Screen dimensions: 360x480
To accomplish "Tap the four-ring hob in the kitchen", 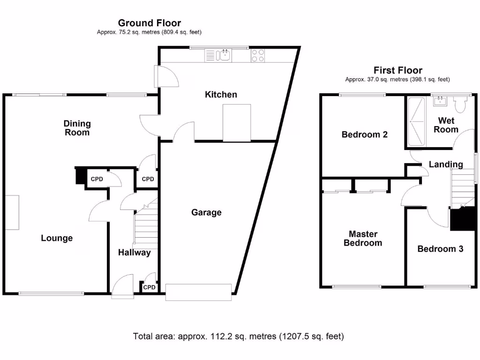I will point(257,56).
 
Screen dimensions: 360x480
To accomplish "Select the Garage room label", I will point(206,212).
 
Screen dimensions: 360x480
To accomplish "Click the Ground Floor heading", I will point(149,23).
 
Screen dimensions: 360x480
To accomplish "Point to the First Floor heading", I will point(397,71).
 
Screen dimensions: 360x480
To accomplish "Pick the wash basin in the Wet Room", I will point(441,100).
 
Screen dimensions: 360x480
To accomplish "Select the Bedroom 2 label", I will point(364,135).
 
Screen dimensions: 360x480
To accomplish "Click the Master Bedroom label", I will point(363,238).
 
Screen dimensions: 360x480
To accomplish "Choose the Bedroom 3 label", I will point(440,249).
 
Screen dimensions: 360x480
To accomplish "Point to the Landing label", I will point(446,165).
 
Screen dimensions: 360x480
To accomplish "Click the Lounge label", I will point(57,238).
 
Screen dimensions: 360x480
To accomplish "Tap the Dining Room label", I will point(77,128).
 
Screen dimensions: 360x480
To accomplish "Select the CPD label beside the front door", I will point(149,287).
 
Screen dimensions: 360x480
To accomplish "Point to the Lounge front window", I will point(52,294).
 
